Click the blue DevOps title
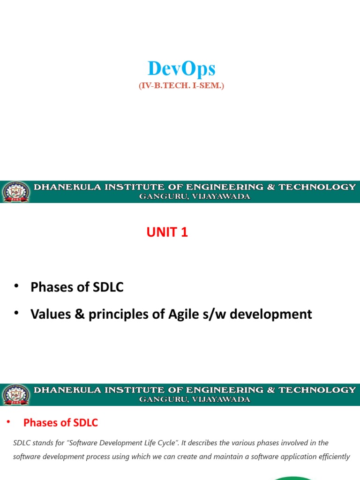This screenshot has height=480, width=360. point(181,69)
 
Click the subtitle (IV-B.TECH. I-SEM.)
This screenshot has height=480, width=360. point(181,86)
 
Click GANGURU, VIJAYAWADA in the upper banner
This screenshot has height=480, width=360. point(195,197)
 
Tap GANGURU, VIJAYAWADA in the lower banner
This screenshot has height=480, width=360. point(195,400)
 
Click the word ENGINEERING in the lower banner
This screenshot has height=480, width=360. point(225,390)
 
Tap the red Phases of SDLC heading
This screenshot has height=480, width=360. point(60,423)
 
